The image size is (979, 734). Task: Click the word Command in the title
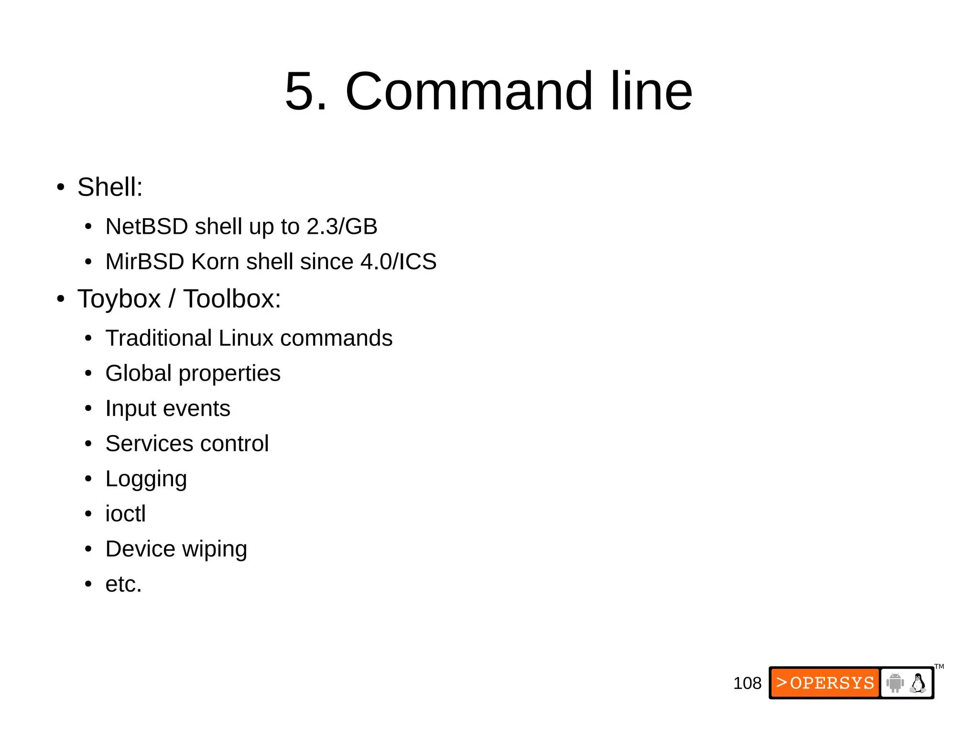click(468, 91)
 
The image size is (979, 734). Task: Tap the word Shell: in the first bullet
click(110, 187)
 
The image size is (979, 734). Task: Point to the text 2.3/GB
click(342, 226)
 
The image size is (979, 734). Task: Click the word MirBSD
click(145, 262)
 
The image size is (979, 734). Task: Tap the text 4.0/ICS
click(398, 262)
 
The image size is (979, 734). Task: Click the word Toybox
click(119, 299)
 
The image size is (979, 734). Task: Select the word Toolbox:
click(232, 299)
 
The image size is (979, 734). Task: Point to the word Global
click(138, 373)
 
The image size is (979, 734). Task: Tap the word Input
click(131, 409)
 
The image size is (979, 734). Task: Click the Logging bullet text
click(146, 479)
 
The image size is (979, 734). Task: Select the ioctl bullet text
click(125, 514)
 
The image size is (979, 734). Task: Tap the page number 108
click(747, 683)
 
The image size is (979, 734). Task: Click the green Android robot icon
click(894, 682)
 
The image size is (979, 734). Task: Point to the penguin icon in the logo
click(918, 683)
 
